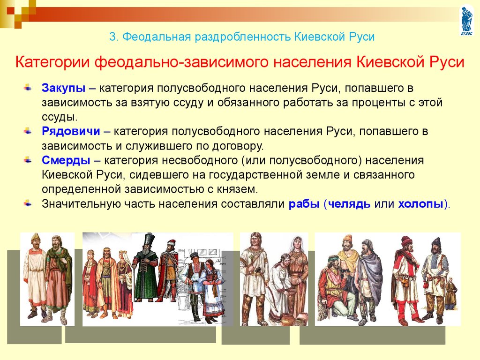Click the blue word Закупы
point(63,88)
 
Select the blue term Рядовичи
point(71,131)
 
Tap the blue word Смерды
point(66,160)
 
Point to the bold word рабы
point(304,204)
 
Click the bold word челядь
point(349,204)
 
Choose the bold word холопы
point(420,204)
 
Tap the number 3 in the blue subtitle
point(113,37)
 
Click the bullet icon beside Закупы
point(28,88)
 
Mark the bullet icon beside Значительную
point(28,203)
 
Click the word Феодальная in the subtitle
point(156,37)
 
